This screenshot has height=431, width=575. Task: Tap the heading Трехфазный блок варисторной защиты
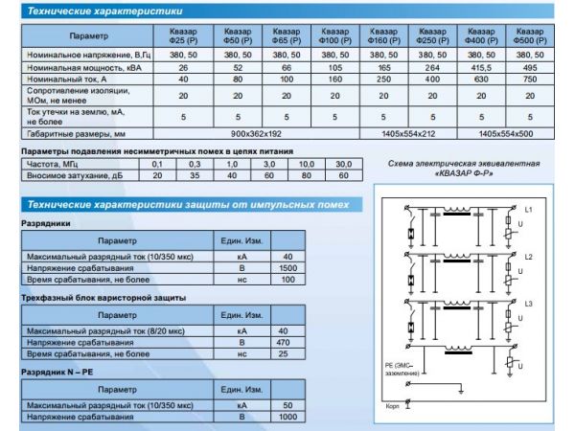103,298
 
